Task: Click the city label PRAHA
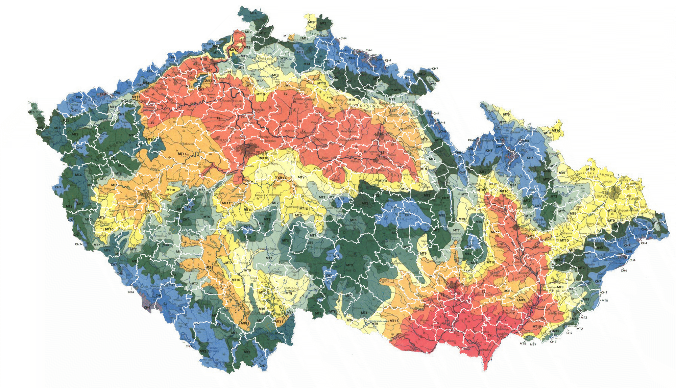[x=262, y=153]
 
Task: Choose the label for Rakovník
[x=186, y=144]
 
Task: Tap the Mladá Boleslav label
[x=305, y=99]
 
